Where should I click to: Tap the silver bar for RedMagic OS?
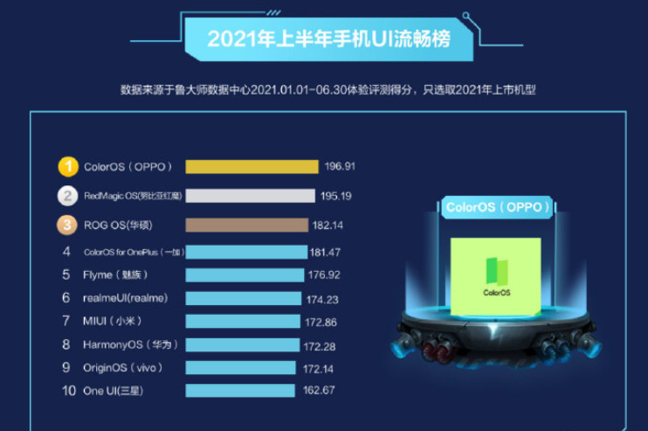pos(250,196)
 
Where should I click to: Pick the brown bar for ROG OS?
pos(246,225)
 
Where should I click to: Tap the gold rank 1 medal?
pos(68,166)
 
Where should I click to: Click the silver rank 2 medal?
pos(68,196)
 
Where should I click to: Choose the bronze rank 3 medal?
pos(68,225)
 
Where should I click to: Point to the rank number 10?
pos(68,391)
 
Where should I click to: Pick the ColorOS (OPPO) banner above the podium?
pos(499,207)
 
